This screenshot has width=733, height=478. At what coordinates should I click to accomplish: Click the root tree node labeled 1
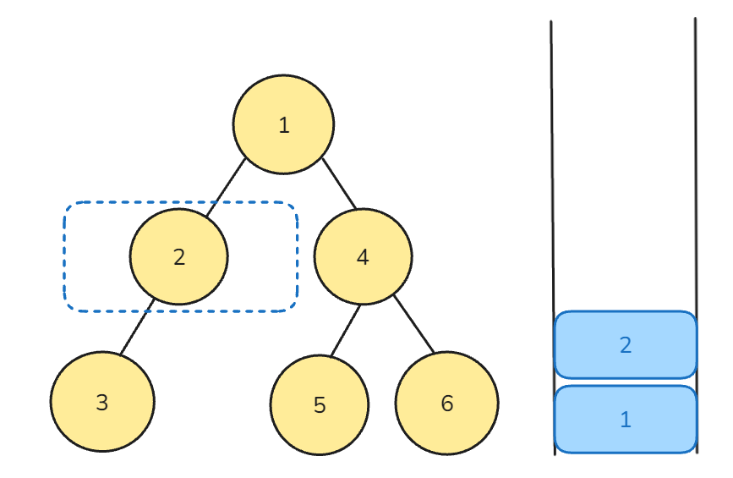coord(284,124)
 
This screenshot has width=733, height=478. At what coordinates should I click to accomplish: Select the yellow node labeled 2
coord(179,256)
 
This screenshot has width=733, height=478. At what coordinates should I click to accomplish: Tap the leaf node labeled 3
coord(102,401)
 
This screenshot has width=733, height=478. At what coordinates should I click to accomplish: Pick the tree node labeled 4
coord(364,256)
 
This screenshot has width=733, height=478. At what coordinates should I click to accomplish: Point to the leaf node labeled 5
coord(320,404)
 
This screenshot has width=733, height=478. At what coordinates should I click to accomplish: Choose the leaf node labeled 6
coord(447,403)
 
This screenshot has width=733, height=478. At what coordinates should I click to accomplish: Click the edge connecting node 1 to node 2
coord(226,188)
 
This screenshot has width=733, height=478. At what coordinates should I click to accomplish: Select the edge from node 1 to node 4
coord(339,184)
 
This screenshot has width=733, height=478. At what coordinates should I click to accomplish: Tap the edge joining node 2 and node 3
coord(137,327)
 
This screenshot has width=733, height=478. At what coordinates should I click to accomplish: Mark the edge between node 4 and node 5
coord(346,331)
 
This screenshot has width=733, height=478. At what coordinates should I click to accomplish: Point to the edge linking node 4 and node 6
coord(414,324)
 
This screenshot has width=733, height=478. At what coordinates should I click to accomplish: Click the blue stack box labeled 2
coord(626,344)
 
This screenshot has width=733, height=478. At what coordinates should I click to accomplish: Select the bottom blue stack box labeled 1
coord(626,419)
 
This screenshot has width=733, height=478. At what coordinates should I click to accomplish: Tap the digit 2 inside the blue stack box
coord(626,345)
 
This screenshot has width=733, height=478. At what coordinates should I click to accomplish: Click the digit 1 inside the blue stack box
coord(626,420)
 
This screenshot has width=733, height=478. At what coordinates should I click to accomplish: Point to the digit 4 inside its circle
coord(363,257)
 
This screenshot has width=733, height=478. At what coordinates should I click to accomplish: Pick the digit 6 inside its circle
coord(447,404)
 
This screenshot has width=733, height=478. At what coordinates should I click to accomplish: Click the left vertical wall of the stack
coord(553,238)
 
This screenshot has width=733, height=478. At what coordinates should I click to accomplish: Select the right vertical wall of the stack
coord(696,235)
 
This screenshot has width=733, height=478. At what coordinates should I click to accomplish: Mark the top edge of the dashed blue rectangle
coord(181,202)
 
